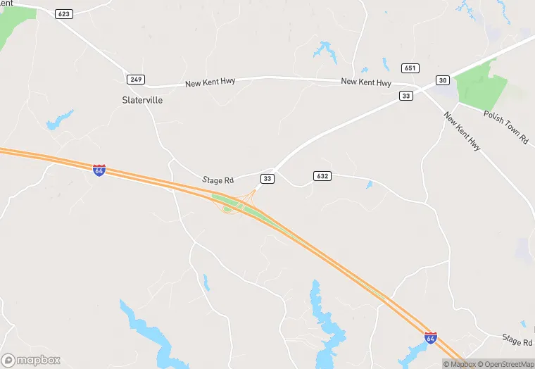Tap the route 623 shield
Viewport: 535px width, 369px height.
65,13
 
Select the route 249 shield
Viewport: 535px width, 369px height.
136,79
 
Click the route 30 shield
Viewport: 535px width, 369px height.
442,80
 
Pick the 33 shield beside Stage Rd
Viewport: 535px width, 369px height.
267,179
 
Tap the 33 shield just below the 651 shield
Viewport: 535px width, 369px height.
406,96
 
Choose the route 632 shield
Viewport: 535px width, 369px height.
322,175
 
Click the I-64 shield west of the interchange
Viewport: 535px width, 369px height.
99,170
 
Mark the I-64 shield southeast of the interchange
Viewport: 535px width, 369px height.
431,337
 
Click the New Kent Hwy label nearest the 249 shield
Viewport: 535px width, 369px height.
210,82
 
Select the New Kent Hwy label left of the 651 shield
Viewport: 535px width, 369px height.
366,82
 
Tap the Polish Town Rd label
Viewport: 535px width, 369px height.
505,127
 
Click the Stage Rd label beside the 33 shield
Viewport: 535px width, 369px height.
218,180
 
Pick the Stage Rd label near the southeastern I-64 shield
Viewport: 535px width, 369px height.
517,342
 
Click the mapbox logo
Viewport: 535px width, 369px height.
31,359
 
